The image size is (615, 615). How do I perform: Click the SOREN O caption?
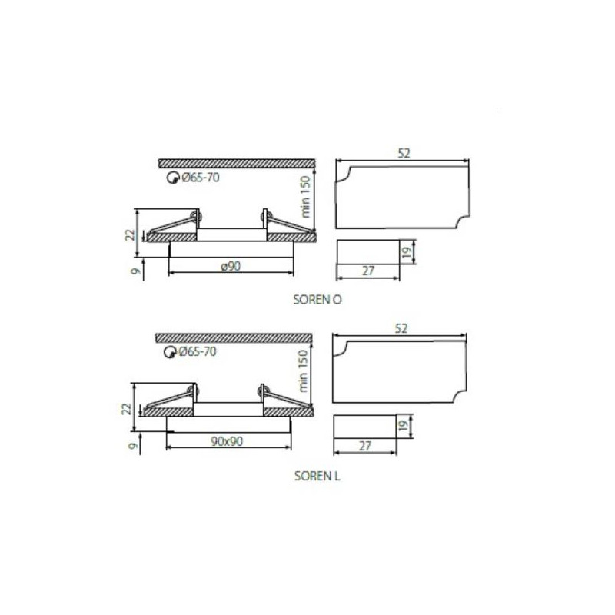pos(317,300)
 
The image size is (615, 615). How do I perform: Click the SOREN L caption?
pos(317,476)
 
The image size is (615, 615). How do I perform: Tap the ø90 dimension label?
pos(231,266)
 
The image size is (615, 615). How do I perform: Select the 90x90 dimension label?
pos(227,441)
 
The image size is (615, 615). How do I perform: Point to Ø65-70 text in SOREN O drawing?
pos(201,178)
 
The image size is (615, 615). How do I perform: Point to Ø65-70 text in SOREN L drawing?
pos(198,351)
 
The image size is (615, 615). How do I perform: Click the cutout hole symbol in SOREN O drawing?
pos(172,178)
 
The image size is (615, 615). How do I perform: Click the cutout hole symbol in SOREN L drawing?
pos(169,352)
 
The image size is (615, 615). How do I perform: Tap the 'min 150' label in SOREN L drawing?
pos(303,371)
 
